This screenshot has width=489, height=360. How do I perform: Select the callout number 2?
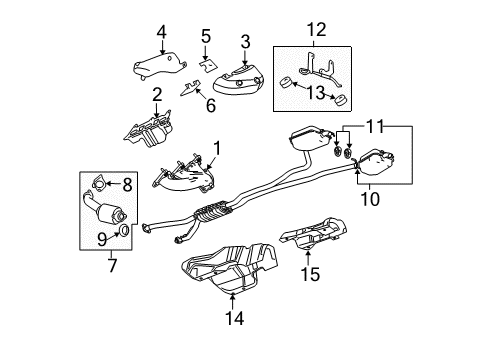coord(157,95)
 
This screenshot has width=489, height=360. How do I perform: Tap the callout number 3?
coord(243,41)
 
